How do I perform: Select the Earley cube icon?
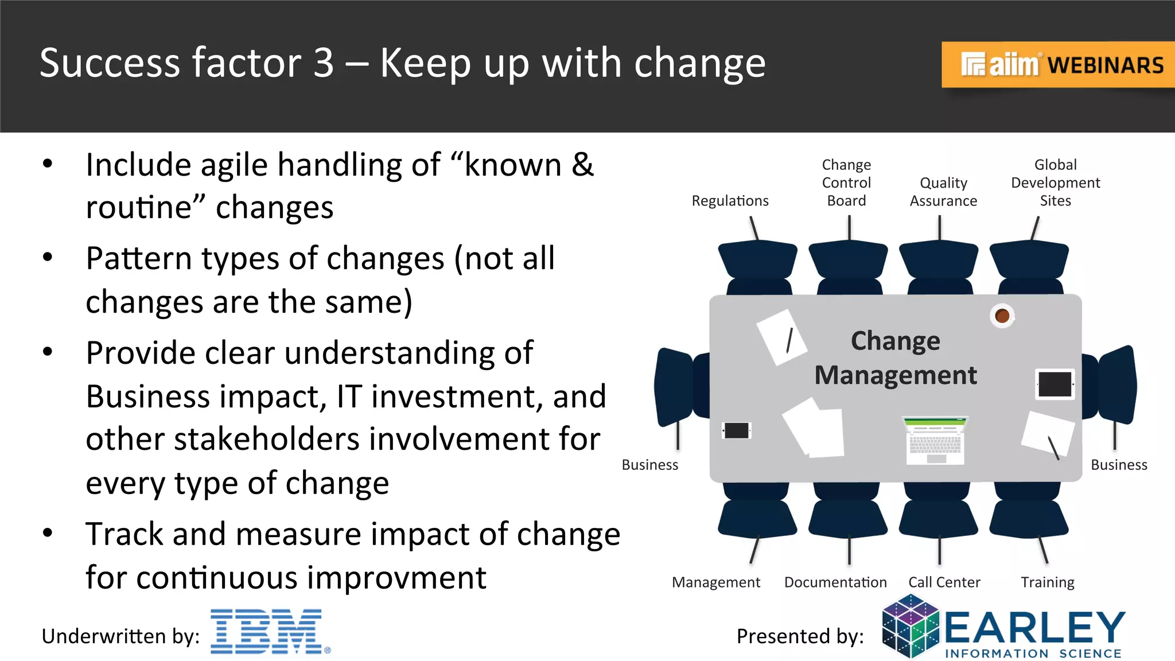(x=910, y=627)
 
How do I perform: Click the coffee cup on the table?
(x=1002, y=316)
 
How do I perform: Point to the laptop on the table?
(x=935, y=441)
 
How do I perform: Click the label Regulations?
(x=730, y=201)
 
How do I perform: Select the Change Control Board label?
(x=846, y=182)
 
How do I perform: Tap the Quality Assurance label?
(x=943, y=192)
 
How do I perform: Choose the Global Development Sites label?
(x=1055, y=182)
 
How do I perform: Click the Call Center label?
(x=944, y=582)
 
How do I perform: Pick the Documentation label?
(x=835, y=582)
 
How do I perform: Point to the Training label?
(x=1047, y=582)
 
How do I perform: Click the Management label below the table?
(x=716, y=582)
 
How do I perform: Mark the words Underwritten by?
(x=120, y=636)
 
